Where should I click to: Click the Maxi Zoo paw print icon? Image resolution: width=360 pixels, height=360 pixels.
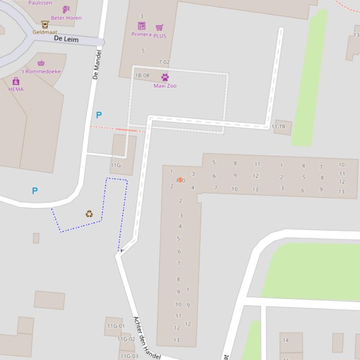pyautogui.click(x=165, y=77)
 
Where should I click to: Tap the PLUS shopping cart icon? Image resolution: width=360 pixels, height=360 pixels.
pyautogui.click(x=160, y=28)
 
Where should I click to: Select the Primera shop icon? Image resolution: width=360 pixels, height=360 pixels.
pyautogui.click(x=141, y=26)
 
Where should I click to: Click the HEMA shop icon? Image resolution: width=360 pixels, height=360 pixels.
pyautogui.click(x=16, y=81)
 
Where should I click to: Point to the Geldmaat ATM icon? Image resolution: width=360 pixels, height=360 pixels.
pyautogui.click(x=45, y=24)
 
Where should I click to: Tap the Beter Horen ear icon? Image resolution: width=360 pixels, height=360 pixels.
pyautogui.click(x=66, y=9)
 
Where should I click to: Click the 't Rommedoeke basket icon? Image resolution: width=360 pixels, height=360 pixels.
pyautogui.click(x=41, y=63)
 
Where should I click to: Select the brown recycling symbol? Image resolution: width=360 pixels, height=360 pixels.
pyautogui.click(x=89, y=214)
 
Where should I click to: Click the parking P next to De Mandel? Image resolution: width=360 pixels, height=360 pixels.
pyautogui.click(x=99, y=115)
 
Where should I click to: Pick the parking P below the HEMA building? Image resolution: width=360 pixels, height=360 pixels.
pyautogui.click(x=35, y=191)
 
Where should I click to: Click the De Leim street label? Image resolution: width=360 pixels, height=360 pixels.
pyautogui.click(x=66, y=39)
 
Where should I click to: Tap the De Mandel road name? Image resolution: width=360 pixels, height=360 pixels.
pyautogui.click(x=97, y=65)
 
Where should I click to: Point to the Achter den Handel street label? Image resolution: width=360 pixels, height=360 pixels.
pyautogui.click(x=147, y=338)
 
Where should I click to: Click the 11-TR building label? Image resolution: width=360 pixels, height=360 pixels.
pyautogui.click(x=279, y=127)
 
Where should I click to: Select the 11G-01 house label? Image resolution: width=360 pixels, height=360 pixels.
pyautogui.click(x=116, y=326)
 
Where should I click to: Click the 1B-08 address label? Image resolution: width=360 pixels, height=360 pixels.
pyautogui.click(x=142, y=76)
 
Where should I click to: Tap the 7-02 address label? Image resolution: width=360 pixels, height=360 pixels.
pyautogui.click(x=164, y=62)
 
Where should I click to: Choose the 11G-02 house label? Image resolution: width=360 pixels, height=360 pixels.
pyautogui.click(x=126, y=339)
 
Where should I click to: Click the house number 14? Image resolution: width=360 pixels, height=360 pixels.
pyautogui.click(x=286, y=340)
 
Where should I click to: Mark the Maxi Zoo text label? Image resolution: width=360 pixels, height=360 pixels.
pyautogui.click(x=165, y=86)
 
